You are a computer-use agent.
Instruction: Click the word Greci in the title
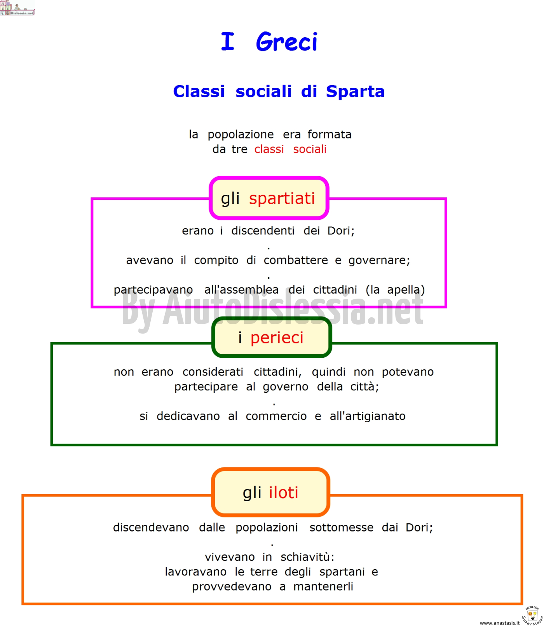coord(287,42)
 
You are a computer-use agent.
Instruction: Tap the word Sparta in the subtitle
coord(355,92)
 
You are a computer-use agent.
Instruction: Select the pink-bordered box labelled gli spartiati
coord(269,198)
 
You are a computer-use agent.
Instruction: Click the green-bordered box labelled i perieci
coord(272,337)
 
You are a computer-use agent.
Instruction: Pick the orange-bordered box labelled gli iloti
coord(270,492)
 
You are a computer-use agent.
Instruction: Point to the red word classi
coord(269,149)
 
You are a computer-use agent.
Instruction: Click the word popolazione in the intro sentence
coord(241,135)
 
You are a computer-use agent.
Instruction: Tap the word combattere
coord(296,260)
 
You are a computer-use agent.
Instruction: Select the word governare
coord(379,261)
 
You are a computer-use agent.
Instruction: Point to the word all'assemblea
coord(241,290)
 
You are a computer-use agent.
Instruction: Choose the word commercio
coord(276,416)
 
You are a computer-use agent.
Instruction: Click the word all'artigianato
coord(368,416)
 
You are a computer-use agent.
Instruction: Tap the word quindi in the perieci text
coord(329,372)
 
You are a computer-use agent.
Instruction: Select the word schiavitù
coord(307,557)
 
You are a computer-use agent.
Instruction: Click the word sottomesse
coord(342,528)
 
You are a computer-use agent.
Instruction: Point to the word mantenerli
coord(323,586)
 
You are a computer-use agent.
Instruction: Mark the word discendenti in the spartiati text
coord(263,231)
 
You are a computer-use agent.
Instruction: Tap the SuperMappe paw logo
coord(532,616)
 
